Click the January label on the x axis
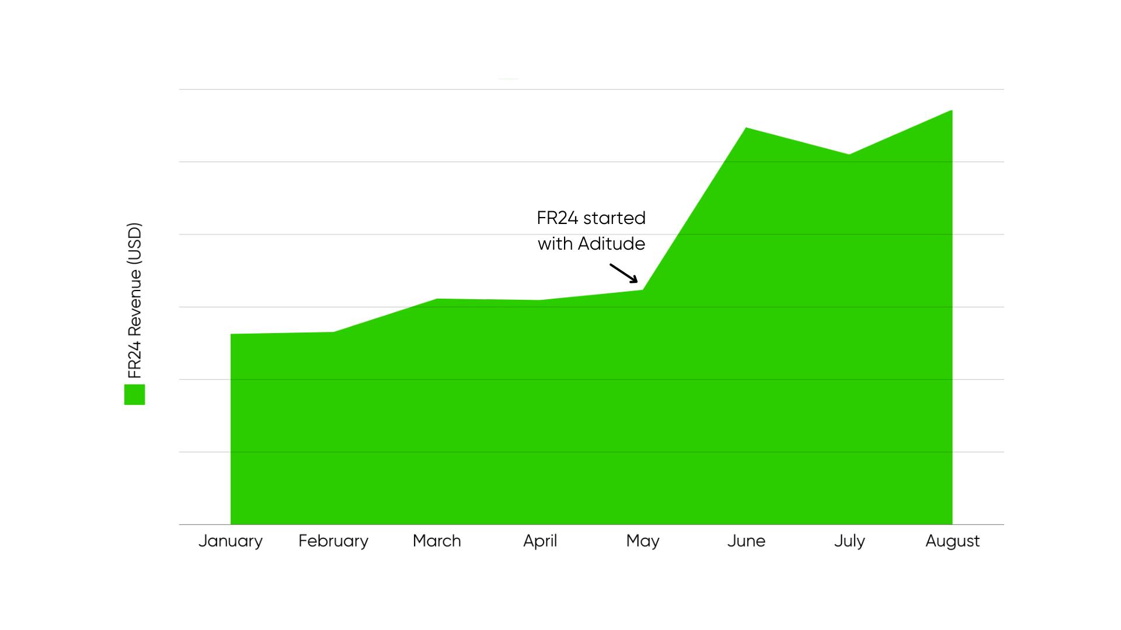[x=230, y=541]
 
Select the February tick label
[x=333, y=541]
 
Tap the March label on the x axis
[x=437, y=541]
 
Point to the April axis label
[x=540, y=541]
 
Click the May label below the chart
[x=643, y=541]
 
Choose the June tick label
[x=746, y=541]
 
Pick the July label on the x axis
[x=850, y=541]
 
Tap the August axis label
[x=952, y=541]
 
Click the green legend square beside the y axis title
[x=134, y=394]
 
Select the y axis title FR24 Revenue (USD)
[x=135, y=300]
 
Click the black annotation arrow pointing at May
[x=624, y=273]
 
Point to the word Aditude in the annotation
[x=611, y=244]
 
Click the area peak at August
[x=952, y=111]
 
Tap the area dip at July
[x=849, y=155]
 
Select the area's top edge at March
[x=437, y=299]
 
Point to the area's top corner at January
[x=232, y=335]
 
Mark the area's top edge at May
[x=643, y=290]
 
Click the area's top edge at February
[x=333, y=332]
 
